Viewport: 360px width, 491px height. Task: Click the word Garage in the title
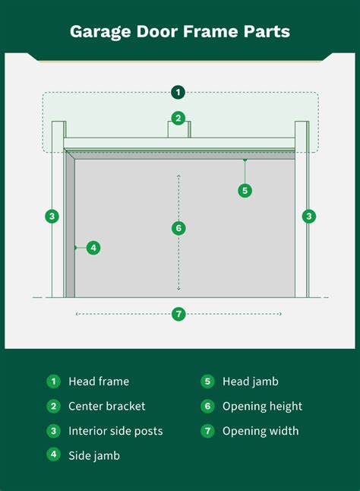[x=100, y=32]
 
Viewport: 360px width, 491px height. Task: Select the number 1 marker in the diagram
[x=178, y=93]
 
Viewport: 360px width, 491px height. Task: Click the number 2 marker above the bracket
[x=178, y=119]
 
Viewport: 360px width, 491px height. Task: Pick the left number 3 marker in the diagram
[x=52, y=216]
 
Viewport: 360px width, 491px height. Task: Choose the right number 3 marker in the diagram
[x=309, y=216]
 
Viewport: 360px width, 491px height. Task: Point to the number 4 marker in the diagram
[x=93, y=248]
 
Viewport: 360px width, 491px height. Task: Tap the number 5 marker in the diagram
[x=245, y=190]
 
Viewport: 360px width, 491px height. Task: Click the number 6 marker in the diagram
[x=178, y=228]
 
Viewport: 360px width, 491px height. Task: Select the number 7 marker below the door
[x=178, y=314]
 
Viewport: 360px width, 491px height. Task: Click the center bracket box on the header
[x=179, y=130]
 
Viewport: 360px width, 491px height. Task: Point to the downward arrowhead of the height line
[x=178, y=288]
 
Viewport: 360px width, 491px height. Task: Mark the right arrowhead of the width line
[x=280, y=314]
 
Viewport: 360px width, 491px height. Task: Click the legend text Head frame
[x=99, y=382]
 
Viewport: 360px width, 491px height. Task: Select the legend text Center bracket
[x=107, y=406]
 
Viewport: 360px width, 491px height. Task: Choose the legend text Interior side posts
[x=115, y=431]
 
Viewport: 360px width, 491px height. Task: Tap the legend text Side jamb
[x=94, y=455]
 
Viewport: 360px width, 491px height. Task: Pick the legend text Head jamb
[x=251, y=382]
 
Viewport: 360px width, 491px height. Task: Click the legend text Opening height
[x=263, y=406]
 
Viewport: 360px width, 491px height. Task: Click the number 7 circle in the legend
[x=207, y=431]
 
